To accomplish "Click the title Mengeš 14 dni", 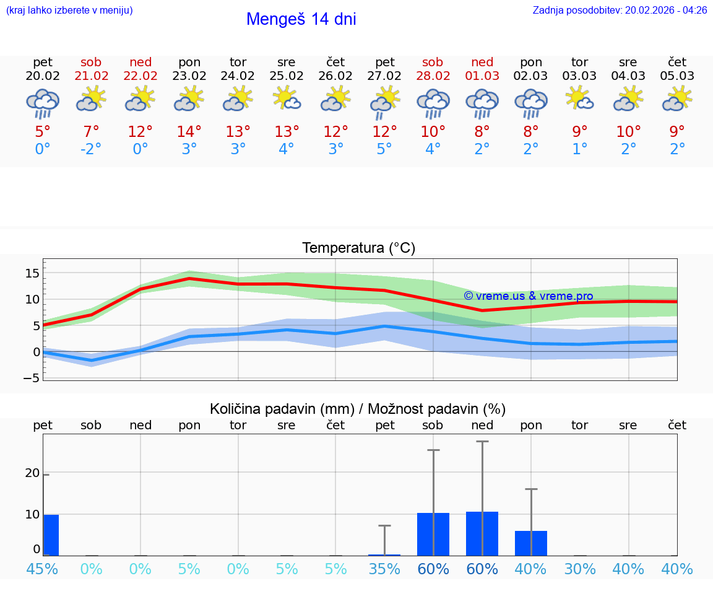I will (301, 19).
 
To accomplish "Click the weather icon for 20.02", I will (43, 103).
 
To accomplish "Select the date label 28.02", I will (433, 76).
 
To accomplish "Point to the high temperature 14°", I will (189, 132).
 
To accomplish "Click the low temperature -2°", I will (91, 149).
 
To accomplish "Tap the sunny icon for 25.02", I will (287, 99).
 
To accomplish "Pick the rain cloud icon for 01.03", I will (482, 103).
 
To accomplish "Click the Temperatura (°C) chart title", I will (358, 248).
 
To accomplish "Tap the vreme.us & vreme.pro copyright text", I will (528, 296).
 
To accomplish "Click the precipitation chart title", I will (358, 409).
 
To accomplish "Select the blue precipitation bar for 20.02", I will (51, 535).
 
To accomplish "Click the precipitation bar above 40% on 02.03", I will (531, 543).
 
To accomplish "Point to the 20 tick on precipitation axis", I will (32, 473).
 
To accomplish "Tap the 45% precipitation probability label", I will (43, 569).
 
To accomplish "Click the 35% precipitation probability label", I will (384, 569).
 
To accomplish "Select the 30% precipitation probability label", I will (580, 569).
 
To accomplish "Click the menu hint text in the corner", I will (69, 11).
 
